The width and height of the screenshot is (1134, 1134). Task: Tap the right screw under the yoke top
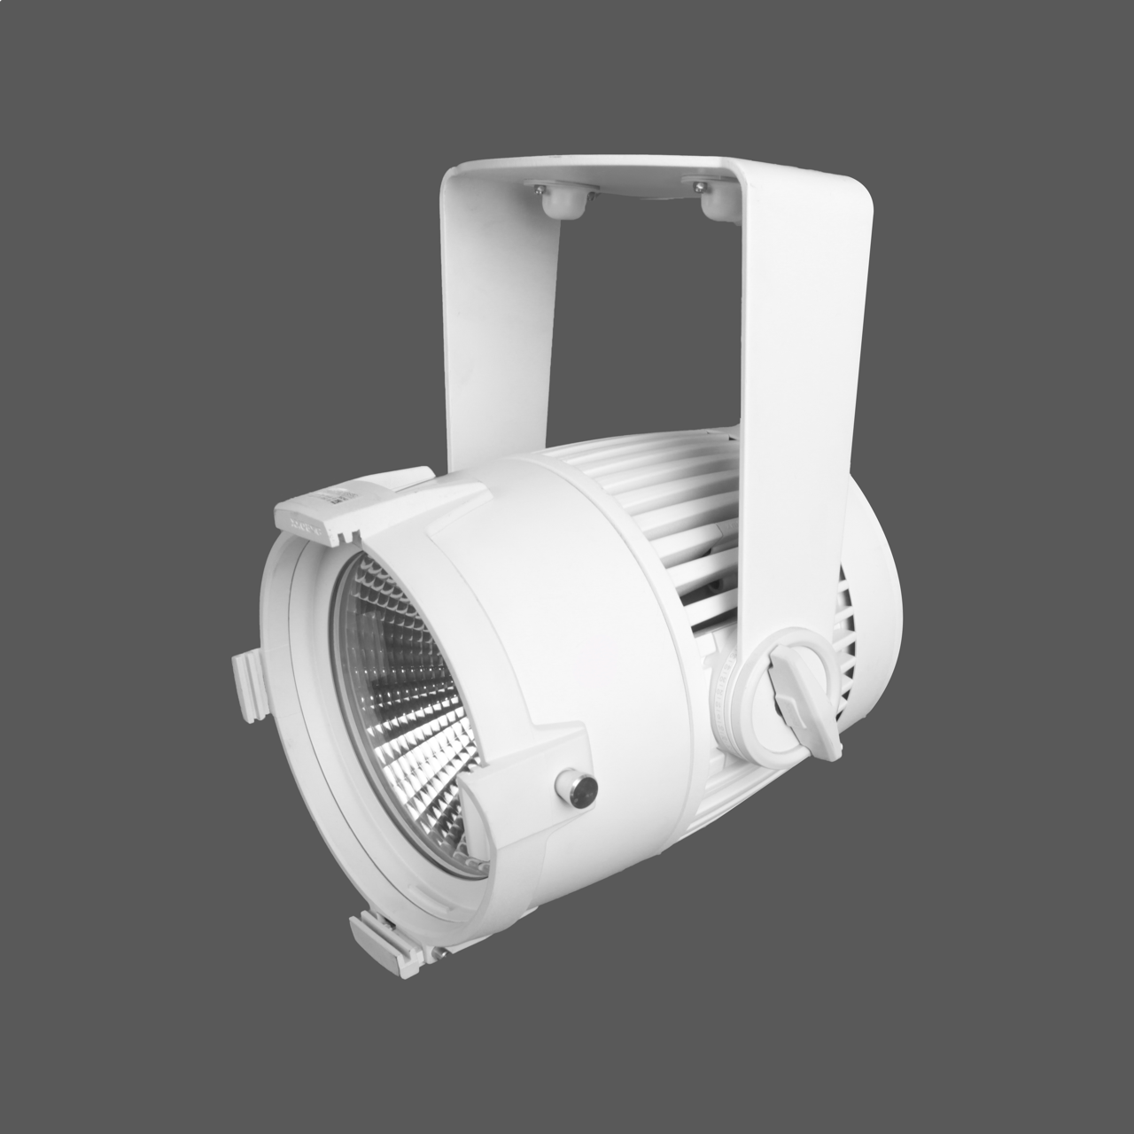[700, 186]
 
